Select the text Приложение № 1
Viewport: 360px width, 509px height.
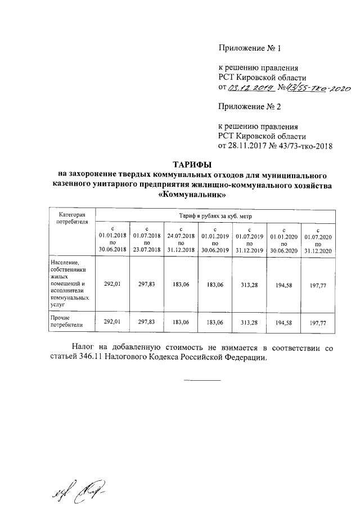coord(246,48)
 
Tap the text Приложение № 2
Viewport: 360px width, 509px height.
coord(246,106)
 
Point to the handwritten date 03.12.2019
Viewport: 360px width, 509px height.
coord(250,88)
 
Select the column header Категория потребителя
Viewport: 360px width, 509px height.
coord(68,218)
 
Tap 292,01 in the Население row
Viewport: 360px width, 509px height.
coord(112,285)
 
